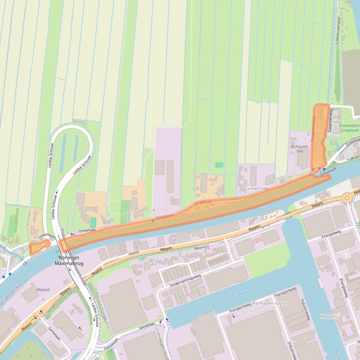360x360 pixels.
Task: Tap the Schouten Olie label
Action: point(300,149)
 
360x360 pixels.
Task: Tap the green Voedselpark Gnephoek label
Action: point(350,128)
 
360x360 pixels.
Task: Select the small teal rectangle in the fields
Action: point(219,165)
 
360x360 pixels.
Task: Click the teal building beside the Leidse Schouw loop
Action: point(93,223)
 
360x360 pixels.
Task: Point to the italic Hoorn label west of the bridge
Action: point(43,290)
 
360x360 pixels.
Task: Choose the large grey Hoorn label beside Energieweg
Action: point(329,317)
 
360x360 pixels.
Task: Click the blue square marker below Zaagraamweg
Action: point(324,169)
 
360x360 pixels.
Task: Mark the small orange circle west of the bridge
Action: point(46,243)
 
